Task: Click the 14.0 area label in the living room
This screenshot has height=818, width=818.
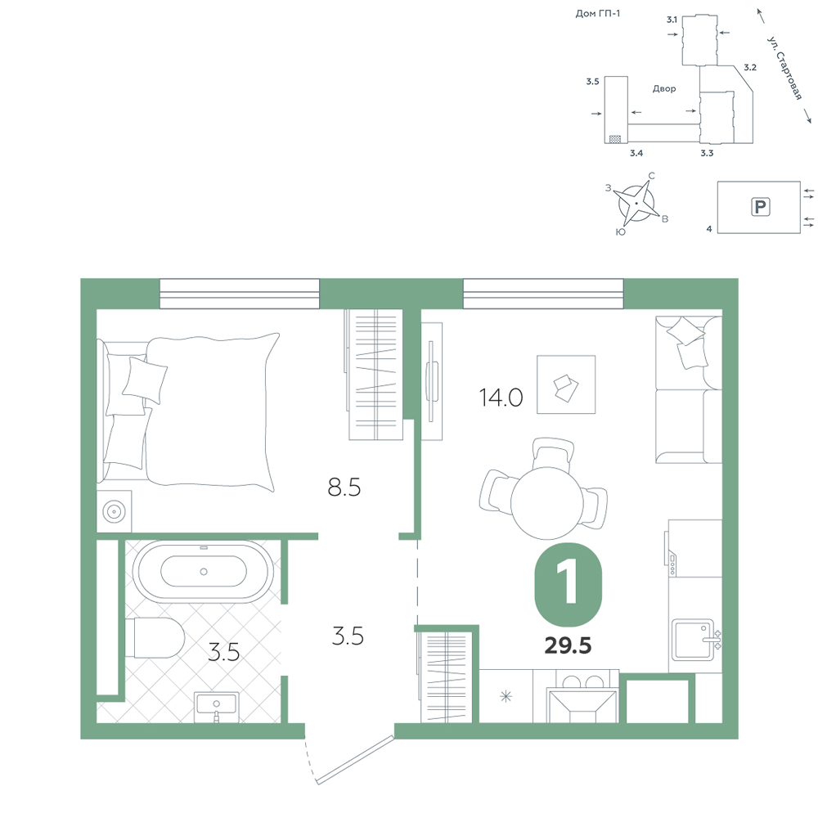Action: pos(501,398)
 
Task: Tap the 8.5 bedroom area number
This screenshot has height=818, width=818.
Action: pos(344,488)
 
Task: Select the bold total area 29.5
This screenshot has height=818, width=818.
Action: pos(569,646)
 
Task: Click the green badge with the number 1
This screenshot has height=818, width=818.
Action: pos(569,584)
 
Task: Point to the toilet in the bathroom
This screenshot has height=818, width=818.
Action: pos(155,638)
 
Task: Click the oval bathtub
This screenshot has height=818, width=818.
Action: pos(203,572)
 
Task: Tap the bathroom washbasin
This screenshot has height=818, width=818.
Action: pos(217,708)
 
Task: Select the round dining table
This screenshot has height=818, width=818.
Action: pos(546,503)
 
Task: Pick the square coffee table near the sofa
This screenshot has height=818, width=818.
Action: pos(566,384)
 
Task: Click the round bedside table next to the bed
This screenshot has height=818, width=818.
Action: pos(115,511)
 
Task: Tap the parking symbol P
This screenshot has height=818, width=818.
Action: pos(761,207)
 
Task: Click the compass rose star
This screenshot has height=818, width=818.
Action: pos(636,202)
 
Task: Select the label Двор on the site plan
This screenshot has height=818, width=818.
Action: pos(664,88)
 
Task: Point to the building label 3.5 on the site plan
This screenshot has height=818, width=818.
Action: pos(592,81)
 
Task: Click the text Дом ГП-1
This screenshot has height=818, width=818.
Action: pos(598,14)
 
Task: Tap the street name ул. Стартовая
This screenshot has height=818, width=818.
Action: pos(784,68)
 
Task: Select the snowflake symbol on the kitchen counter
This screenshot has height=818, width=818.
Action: pos(506,696)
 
